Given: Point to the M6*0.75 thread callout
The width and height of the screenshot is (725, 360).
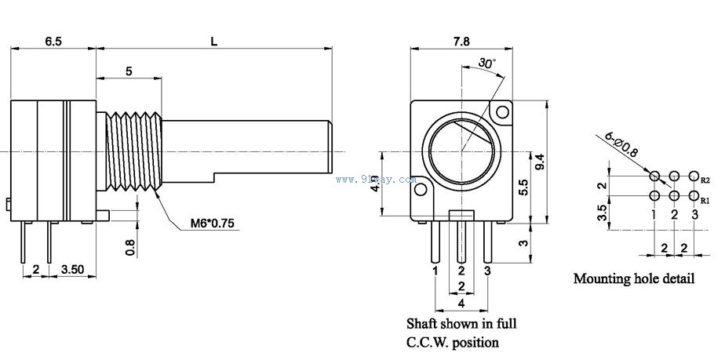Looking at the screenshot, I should [x=212, y=224].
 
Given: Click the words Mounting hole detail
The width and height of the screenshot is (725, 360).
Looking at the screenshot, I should [x=633, y=278].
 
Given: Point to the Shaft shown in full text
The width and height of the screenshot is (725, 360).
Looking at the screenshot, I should [x=461, y=322].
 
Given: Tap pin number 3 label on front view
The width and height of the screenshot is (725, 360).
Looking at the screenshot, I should [x=487, y=271].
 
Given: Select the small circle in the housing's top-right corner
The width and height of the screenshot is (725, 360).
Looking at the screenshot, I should [x=501, y=112].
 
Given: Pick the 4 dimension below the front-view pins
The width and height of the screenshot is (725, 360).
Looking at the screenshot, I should [x=461, y=302].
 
